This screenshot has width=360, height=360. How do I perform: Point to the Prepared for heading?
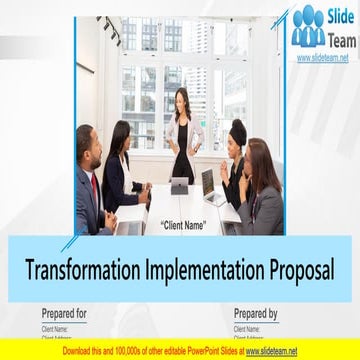[x=64, y=313]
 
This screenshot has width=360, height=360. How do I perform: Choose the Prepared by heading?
[x=256, y=313]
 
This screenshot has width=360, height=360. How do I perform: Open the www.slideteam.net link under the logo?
[x=323, y=58]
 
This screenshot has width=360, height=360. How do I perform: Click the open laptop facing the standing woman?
[x=181, y=186]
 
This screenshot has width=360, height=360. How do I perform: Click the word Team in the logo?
[x=336, y=40]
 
